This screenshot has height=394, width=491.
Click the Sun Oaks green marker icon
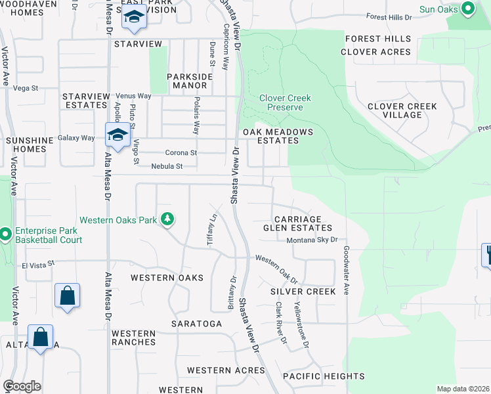[x=467, y=9]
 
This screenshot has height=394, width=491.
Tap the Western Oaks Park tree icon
[x=168, y=219]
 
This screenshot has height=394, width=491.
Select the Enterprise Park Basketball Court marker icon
[x=5, y=234]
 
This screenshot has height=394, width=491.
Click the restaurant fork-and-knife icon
[x=487, y=253]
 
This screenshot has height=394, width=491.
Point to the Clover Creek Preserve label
[x=285, y=102]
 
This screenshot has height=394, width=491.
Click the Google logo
[x=22, y=386]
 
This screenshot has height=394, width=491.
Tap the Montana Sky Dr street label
[x=312, y=240]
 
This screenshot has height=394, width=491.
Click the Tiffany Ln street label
[x=212, y=227]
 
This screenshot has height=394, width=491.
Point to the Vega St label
[x=26, y=88]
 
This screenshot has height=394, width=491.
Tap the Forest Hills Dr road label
[x=389, y=17]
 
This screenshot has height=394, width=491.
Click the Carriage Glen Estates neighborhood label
[x=297, y=223]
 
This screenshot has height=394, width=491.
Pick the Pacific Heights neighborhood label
[x=324, y=376]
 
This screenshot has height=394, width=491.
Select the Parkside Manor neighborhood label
[x=190, y=81]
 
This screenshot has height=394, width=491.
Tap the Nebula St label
[x=167, y=166]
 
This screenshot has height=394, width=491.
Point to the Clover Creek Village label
[x=402, y=110]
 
